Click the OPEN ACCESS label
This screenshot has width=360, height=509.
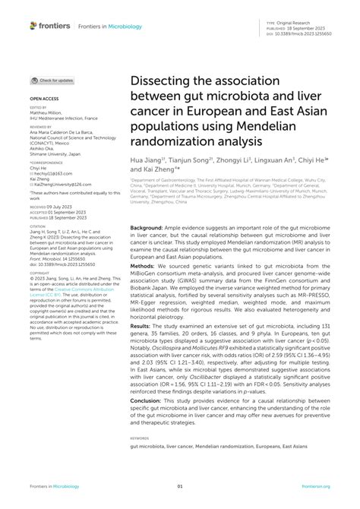[45, 99]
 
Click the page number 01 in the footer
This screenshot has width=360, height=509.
[180, 485]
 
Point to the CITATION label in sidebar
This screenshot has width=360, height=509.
[37, 226]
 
